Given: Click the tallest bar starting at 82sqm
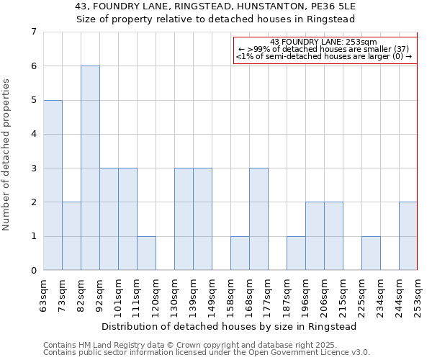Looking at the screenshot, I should [x=90, y=168].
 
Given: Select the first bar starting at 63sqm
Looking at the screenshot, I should [x=53, y=185].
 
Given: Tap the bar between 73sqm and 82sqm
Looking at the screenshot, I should [x=71, y=236].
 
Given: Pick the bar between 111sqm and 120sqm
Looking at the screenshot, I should [x=146, y=253].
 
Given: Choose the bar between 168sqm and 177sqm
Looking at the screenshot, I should [x=258, y=219].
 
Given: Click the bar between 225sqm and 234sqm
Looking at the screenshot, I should [x=371, y=253].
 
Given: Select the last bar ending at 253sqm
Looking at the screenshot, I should [x=408, y=236].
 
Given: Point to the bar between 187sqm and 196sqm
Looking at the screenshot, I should [x=296, y=253].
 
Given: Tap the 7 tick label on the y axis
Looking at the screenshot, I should [x=33, y=32].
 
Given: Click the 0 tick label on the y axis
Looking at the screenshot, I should [x=33, y=271].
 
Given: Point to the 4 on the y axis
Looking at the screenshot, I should [x=33, y=134].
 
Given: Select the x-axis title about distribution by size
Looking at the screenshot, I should [x=230, y=326].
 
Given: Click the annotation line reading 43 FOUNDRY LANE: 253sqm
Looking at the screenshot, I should [x=324, y=42].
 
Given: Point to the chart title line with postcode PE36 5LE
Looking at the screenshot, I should [x=216, y=6].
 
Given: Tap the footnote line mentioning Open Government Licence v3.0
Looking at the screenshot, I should [x=207, y=353].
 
